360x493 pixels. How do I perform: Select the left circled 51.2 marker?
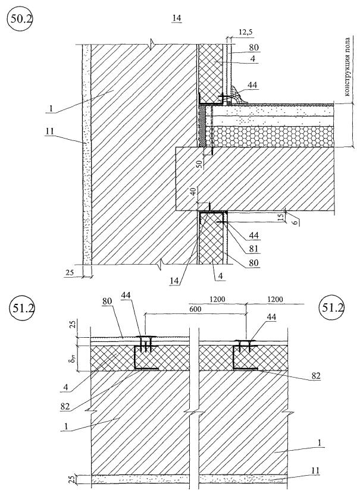(21, 309)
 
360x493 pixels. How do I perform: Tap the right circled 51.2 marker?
(331, 307)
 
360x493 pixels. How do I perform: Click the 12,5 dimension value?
(246, 32)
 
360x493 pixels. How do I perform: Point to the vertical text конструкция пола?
(348, 67)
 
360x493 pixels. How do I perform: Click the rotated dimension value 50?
(199, 164)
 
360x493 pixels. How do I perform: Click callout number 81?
(253, 249)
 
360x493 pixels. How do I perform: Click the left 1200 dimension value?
(217, 299)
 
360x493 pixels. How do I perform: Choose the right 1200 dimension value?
(275, 299)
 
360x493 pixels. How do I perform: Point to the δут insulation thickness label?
(71, 358)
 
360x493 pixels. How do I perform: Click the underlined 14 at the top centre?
(177, 18)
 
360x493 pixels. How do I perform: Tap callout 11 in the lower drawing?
(315, 470)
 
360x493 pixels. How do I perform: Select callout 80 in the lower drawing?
(107, 301)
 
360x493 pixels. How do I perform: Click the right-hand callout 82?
(316, 375)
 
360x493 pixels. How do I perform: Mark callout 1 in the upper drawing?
(51, 108)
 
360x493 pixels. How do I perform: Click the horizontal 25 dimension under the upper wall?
(70, 272)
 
